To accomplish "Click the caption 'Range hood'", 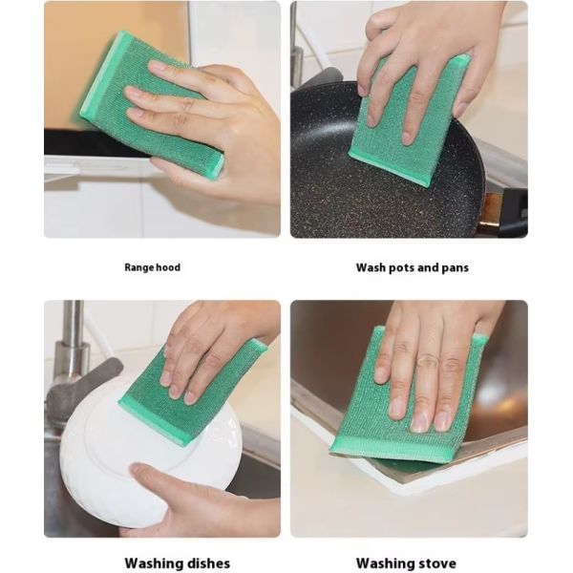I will coord(152,268).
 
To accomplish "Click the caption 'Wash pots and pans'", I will coord(412,268).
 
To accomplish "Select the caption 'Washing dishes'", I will coord(163,563).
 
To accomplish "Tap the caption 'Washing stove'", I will coord(406,563).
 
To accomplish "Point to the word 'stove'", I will coord(436,563).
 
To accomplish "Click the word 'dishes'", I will coord(198,563).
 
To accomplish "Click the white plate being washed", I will coord(105,458).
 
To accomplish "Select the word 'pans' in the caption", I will coord(454,268).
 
